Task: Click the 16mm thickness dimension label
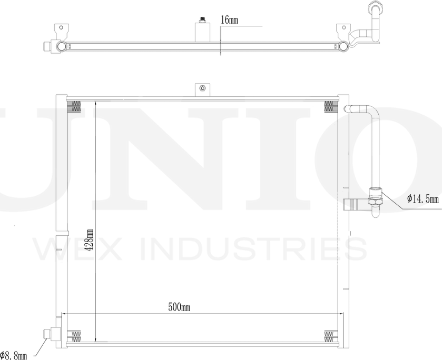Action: (x=230, y=21)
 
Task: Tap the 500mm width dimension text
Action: (x=179, y=306)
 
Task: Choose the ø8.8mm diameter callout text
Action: (x=14, y=356)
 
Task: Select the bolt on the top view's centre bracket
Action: (x=202, y=21)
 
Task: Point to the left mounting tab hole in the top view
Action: (x=61, y=27)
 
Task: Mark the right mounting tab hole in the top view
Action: (x=343, y=27)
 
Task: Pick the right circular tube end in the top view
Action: (x=343, y=46)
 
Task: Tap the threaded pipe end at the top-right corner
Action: (x=375, y=8)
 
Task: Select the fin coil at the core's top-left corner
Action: (x=74, y=106)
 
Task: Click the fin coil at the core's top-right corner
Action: (x=330, y=106)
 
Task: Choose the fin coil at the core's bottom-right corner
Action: (x=330, y=335)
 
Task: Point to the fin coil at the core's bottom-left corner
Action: (x=74, y=335)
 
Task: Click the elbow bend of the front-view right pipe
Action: (x=372, y=113)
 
